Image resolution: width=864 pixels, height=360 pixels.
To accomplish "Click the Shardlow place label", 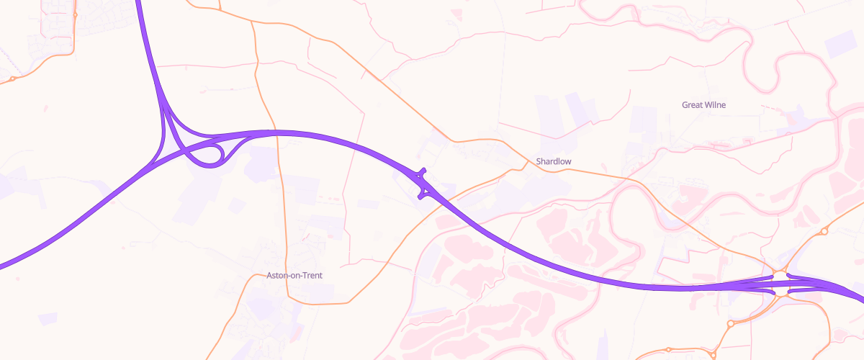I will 554,162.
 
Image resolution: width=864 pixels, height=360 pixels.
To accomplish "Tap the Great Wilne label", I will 703,105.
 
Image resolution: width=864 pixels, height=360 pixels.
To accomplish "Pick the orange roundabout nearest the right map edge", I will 824,231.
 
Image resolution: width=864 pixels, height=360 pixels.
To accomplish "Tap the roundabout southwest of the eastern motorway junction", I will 731,324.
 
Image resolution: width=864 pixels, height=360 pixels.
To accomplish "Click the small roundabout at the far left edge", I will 12,78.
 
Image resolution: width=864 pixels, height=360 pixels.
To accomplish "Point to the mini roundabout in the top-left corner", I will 75,12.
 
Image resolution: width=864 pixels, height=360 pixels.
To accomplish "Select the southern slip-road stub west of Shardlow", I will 420,196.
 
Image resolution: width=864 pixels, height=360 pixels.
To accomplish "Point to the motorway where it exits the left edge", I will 2,266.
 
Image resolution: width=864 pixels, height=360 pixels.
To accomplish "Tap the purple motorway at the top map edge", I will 138,3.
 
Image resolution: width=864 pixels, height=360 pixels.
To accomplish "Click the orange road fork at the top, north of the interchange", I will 252,21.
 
